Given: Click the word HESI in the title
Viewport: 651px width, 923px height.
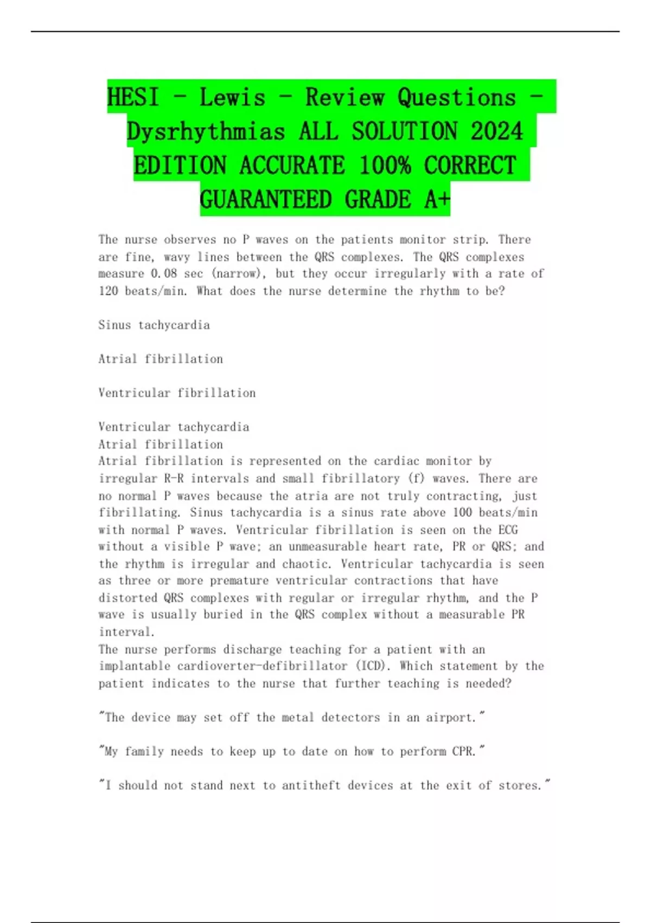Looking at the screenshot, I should point(133,98).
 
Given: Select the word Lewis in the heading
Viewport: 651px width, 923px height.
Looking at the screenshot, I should point(232,98).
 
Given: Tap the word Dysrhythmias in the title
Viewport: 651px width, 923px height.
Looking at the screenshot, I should point(206,132).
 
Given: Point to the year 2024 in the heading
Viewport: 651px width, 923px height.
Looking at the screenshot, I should point(496,132).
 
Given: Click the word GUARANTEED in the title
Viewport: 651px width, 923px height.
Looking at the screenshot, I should point(265,200).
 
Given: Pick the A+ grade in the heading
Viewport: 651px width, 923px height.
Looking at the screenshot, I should point(437,200).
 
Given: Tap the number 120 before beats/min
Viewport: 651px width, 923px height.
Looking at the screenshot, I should point(108,291).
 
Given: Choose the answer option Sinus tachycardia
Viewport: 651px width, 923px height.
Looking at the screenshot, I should point(154,325).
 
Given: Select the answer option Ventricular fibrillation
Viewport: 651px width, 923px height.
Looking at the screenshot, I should point(177,393).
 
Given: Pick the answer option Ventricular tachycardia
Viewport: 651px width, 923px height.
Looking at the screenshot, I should point(174,427).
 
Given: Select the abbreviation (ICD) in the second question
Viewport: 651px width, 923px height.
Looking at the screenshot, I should point(373,666).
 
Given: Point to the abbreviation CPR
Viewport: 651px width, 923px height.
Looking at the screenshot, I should point(464,752).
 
